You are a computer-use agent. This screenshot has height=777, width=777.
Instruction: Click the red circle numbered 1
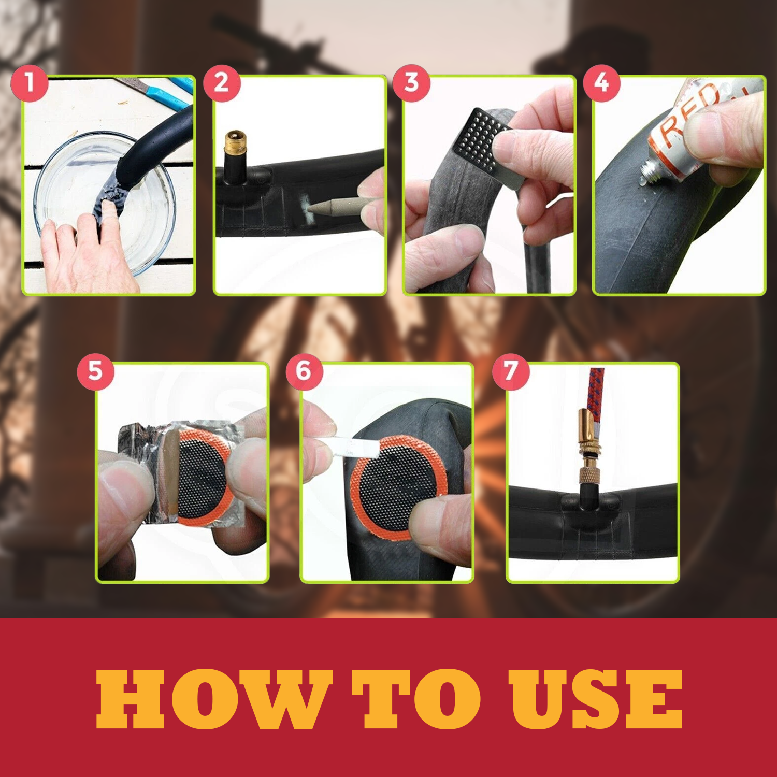point(30,83)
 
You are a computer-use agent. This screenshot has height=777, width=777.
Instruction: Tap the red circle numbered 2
point(222,83)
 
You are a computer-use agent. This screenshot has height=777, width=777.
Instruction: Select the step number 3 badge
point(411,82)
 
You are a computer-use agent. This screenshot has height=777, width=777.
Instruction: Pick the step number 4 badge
point(601,82)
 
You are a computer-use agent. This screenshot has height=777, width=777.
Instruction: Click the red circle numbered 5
point(95,371)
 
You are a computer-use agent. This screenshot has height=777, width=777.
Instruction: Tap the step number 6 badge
point(304,371)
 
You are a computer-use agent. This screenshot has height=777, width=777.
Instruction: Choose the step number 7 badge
point(511,371)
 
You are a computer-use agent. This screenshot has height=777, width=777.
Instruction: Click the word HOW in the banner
point(212,699)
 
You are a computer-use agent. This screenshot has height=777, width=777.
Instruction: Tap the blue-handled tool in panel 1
point(166,93)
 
